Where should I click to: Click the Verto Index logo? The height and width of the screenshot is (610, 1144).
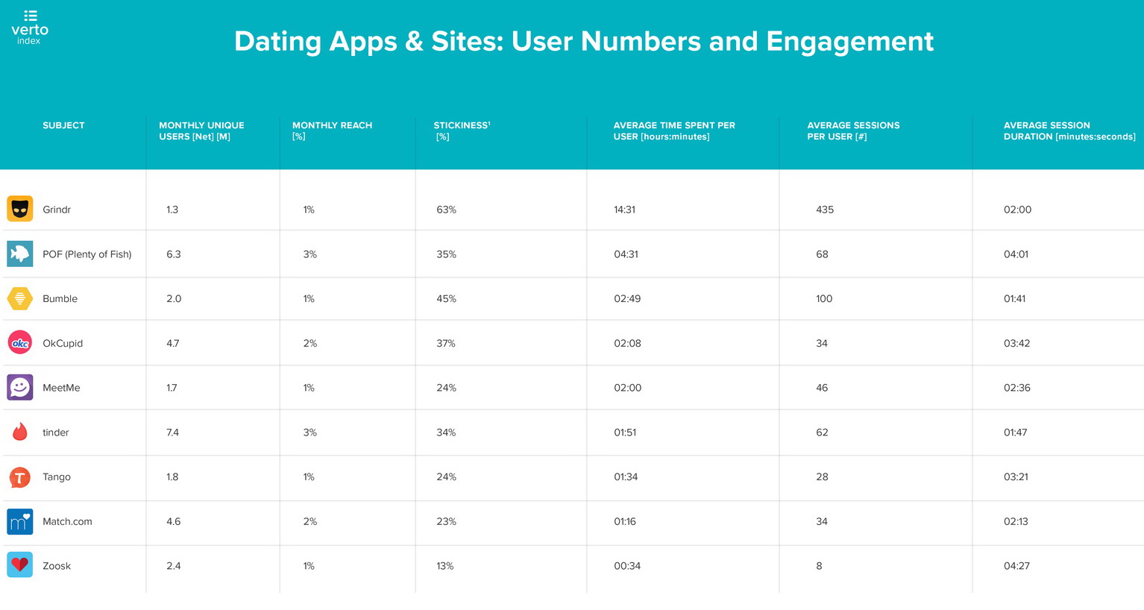[x=30, y=28]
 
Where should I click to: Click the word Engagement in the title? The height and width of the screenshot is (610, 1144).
[x=849, y=41]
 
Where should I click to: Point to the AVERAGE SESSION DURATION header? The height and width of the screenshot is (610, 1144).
[x=1069, y=131]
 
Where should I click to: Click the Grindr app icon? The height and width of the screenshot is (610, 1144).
[x=20, y=209]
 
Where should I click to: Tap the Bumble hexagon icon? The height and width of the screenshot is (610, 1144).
[x=20, y=298]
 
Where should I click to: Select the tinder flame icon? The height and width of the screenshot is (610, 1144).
[x=20, y=432]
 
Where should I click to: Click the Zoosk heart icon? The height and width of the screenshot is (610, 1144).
[x=20, y=565]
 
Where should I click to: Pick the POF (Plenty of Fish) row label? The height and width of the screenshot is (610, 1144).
[x=87, y=254]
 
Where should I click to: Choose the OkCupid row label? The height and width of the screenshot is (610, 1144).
[x=63, y=343]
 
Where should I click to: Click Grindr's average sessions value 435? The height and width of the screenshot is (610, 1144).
[x=825, y=210]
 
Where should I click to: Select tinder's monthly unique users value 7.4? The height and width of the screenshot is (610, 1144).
[x=172, y=433]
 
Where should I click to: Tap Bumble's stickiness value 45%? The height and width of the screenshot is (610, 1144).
[x=446, y=299]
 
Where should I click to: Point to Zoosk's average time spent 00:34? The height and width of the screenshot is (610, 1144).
[x=627, y=566]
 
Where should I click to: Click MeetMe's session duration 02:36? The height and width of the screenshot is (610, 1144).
[x=1016, y=388]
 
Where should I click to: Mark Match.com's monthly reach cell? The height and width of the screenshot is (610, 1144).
[x=310, y=522]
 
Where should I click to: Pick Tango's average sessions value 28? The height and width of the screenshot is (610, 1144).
[x=822, y=477]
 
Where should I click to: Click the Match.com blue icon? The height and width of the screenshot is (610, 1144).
[x=20, y=521]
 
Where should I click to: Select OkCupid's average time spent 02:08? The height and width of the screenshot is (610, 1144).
[x=627, y=344]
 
